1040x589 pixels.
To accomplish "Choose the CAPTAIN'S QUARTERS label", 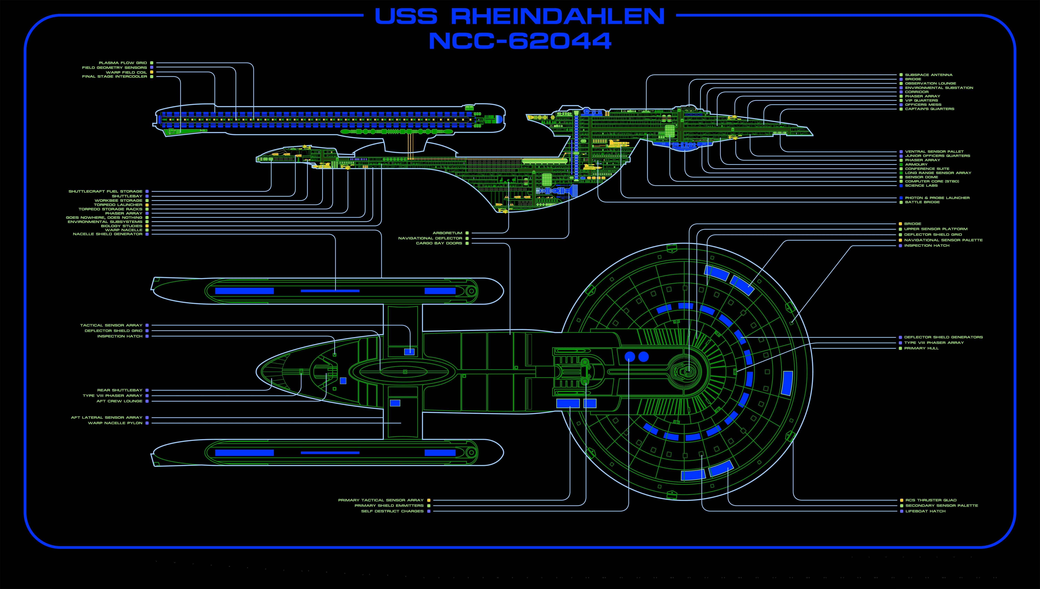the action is coord(930,109).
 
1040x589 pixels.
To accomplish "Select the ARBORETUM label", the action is coord(447,233).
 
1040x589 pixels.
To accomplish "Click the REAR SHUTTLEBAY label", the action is coord(120,390).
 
